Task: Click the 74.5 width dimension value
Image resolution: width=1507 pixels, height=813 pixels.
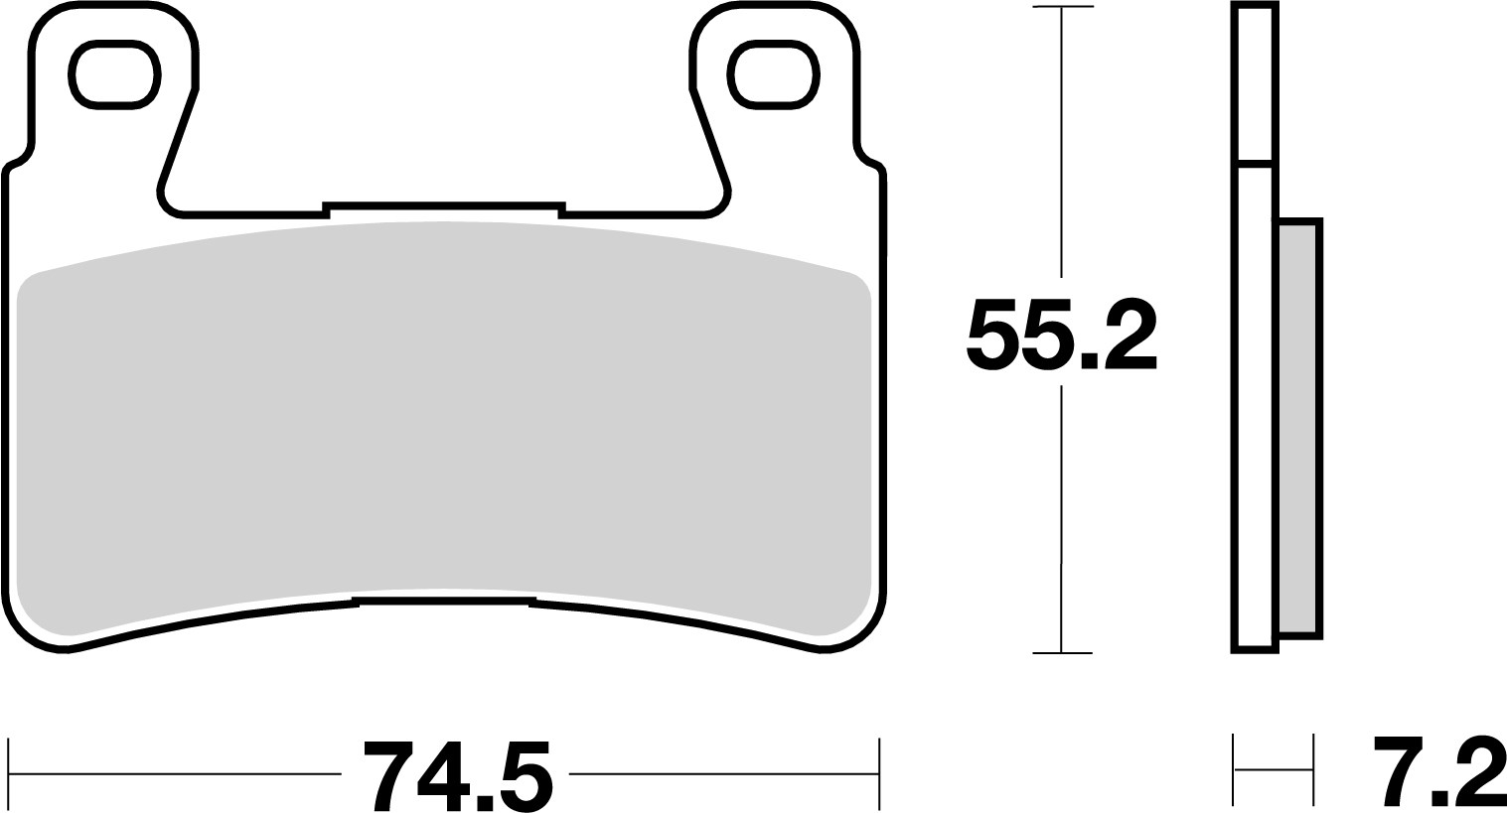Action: [x=456, y=774]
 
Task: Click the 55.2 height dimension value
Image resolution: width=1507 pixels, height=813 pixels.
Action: [x=1061, y=334]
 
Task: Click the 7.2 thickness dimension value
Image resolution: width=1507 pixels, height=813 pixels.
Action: [x=1438, y=771]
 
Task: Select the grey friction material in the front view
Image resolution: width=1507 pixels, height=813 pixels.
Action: [x=444, y=417]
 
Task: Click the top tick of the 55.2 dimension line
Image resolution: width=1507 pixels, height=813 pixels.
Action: [x=1062, y=8]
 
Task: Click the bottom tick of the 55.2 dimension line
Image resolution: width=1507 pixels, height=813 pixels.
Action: [x=1062, y=653]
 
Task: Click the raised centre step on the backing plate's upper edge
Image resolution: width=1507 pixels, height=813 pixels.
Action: [x=443, y=206]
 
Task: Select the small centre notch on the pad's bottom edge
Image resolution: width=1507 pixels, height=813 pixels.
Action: [x=444, y=602]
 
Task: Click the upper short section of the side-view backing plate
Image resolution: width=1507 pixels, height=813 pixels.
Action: [x=1256, y=81]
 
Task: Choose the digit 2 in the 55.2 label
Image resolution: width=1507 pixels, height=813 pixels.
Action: [x=1129, y=335]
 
